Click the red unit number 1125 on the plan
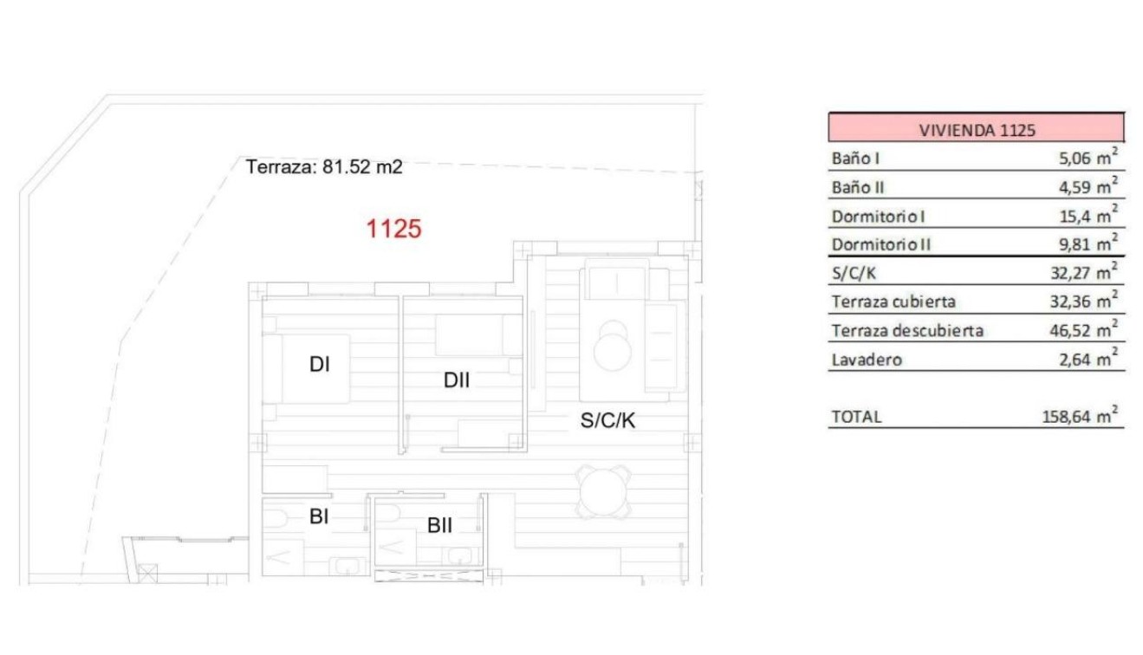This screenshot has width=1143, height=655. (x=394, y=230)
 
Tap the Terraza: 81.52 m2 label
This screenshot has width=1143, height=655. (x=324, y=167)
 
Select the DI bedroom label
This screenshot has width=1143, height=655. (x=320, y=366)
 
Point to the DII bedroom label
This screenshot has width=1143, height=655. (x=457, y=379)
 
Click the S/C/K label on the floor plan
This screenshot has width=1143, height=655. (x=608, y=421)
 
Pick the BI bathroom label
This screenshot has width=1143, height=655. (x=320, y=517)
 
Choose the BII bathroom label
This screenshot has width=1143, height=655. (x=440, y=525)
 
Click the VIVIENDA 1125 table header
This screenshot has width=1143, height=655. (x=977, y=131)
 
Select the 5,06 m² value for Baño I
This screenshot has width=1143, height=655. (x=1082, y=159)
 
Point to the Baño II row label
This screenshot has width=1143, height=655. (x=857, y=187)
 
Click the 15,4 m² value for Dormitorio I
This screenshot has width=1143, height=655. (x=1087, y=216)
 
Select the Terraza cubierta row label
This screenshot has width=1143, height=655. (x=893, y=302)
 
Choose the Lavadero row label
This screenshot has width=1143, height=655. (x=867, y=360)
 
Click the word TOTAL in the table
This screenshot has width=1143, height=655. (x=856, y=417)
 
